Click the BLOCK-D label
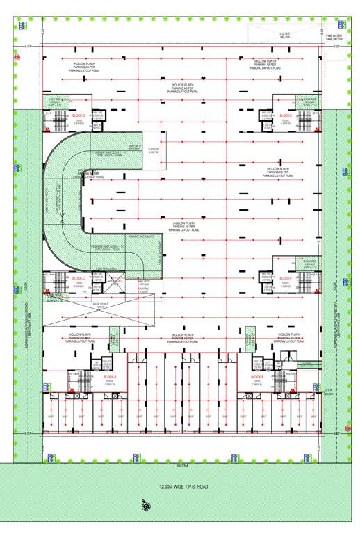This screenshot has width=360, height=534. [x=78, y=115]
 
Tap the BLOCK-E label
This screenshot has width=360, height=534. [x=285, y=115]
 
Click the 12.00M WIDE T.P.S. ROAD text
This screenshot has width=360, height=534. [x=183, y=487]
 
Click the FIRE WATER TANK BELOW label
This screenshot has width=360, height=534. [x=334, y=37]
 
